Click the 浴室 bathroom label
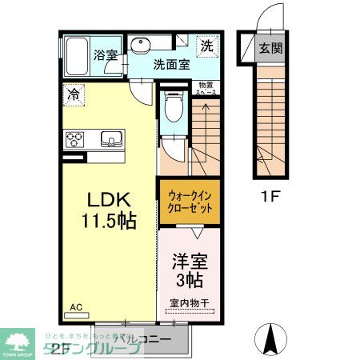(x=104, y=56)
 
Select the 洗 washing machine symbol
(x=205, y=46)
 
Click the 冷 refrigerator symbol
(x=72, y=93)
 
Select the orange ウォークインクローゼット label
(x=190, y=202)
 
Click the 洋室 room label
(x=190, y=262)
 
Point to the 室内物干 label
(x=190, y=303)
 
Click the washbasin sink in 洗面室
(x=144, y=43)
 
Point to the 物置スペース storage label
(x=206, y=88)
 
